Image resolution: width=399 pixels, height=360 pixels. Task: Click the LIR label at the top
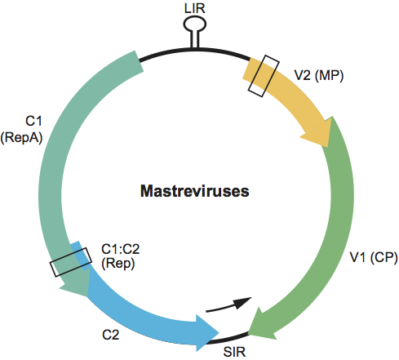coord(194,8)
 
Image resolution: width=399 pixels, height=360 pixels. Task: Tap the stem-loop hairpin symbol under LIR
coord(195,32)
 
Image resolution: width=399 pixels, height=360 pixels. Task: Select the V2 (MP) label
coord(319,75)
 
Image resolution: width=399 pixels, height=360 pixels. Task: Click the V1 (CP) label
coord(374,257)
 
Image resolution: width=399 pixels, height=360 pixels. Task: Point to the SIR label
coord(234,352)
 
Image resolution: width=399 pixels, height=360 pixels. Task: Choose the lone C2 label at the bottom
coord(111,335)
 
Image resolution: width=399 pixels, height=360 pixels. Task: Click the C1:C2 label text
coord(121,249)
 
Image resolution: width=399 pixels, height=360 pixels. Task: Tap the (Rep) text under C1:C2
coord(118,264)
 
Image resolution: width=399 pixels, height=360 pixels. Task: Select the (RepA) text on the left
coord(21,137)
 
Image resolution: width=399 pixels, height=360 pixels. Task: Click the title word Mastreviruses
coord(195,191)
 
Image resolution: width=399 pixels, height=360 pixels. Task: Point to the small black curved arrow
coord(228,305)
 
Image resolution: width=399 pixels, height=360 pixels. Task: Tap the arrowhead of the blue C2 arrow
coord(206,333)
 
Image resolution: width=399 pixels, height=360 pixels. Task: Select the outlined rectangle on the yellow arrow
coord(264,76)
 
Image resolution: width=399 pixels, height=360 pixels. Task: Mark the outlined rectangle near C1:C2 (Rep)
coord(70,262)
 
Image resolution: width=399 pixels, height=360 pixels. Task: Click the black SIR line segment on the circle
coord(227,338)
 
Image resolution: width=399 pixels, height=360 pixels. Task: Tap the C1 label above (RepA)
coord(33,121)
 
